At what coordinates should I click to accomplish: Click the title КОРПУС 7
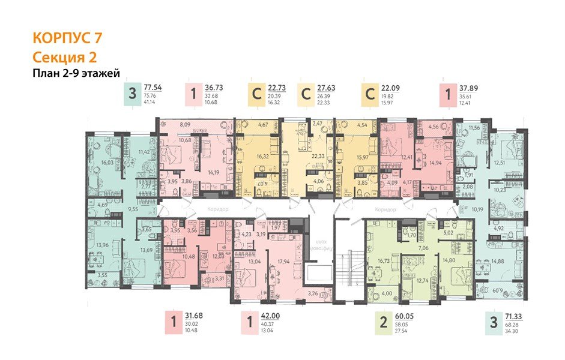(x=66, y=38)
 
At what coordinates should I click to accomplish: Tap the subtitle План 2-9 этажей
(x=76, y=74)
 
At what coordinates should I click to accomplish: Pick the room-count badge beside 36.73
(x=193, y=95)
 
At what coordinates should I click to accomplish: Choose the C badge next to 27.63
(x=306, y=95)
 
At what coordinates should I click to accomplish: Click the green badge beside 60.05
(x=383, y=325)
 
